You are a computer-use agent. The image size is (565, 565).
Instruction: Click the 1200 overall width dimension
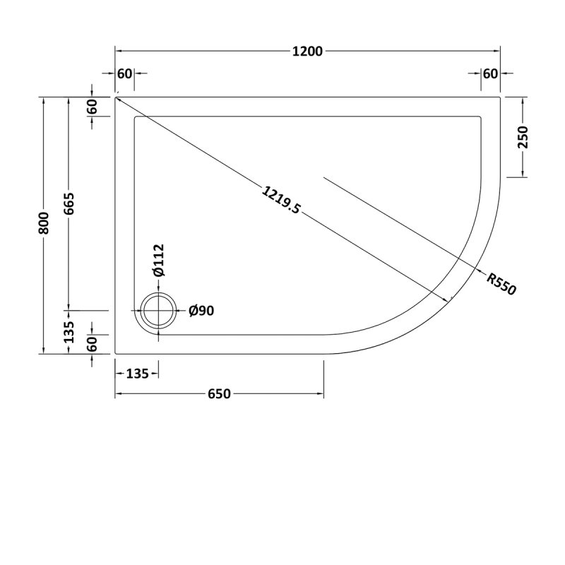click(x=307, y=51)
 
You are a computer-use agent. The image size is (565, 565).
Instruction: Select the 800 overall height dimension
click(x=44, y=224)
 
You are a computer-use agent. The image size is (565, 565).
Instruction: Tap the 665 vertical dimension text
click(x=69, y=204)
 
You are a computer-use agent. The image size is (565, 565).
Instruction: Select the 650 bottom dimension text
click(x=219, y=393)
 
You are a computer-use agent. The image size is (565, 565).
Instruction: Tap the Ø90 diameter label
click(x=201, y=311)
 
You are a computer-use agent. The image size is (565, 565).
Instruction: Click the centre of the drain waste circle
click(x=159, y=311)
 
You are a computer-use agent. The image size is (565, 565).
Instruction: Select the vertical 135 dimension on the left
click(x=69, y=332)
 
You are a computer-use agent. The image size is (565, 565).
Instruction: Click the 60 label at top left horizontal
click(x=125, y=74)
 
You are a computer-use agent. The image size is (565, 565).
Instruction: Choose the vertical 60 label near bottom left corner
click(x=92, y=344)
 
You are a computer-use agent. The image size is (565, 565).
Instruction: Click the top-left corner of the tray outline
click(x=116, y=97)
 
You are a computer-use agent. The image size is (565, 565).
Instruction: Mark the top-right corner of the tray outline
click(x=500, y=97)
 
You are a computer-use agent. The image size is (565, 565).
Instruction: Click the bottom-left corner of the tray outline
click(x=116, y=353)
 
